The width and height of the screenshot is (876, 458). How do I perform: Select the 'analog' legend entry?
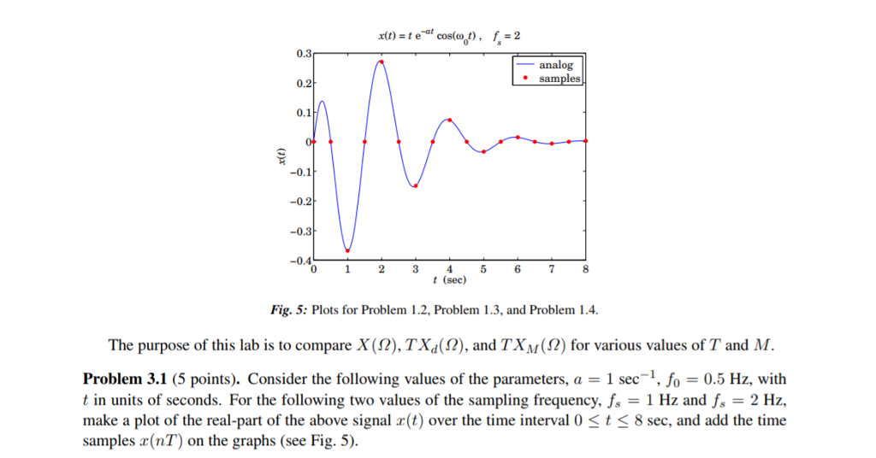555,65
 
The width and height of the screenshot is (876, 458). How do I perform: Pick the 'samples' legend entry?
559,79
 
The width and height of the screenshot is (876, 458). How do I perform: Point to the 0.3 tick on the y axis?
304,54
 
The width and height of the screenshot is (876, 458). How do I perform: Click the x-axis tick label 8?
585,270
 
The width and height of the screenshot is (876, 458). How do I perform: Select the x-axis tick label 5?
483,270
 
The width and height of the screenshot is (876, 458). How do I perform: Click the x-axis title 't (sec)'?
449,280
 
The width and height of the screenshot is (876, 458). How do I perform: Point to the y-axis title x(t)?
280,156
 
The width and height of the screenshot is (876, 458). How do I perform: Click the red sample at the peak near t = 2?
382,62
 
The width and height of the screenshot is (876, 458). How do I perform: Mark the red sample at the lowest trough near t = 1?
347,250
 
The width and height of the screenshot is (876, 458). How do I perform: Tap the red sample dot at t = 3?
416,185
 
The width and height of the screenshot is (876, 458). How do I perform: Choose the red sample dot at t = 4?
450,120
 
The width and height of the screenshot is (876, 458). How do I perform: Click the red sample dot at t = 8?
586,141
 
